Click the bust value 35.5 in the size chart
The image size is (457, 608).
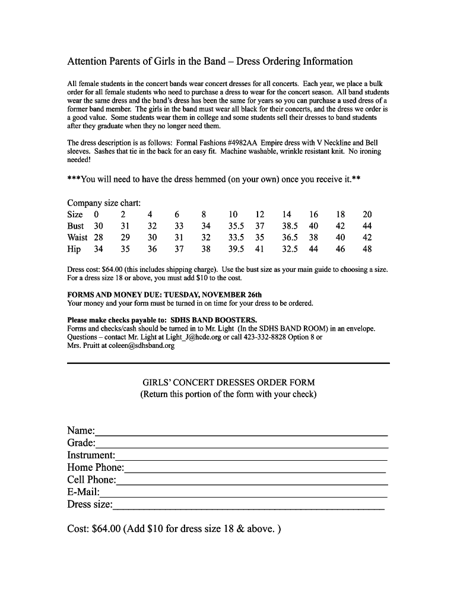[237, 226]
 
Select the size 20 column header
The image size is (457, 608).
[367, 214]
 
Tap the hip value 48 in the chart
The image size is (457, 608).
[367, 249]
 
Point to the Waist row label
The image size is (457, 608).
[78, 237]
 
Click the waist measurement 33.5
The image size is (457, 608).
[237, 237]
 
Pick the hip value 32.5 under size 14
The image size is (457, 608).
[290, 249]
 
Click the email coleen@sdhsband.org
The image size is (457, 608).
[137, 346]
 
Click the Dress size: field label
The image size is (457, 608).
[90, 505]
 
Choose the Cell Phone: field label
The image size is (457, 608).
[92, 480]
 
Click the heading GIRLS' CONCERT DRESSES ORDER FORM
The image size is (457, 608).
[228, 383]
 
